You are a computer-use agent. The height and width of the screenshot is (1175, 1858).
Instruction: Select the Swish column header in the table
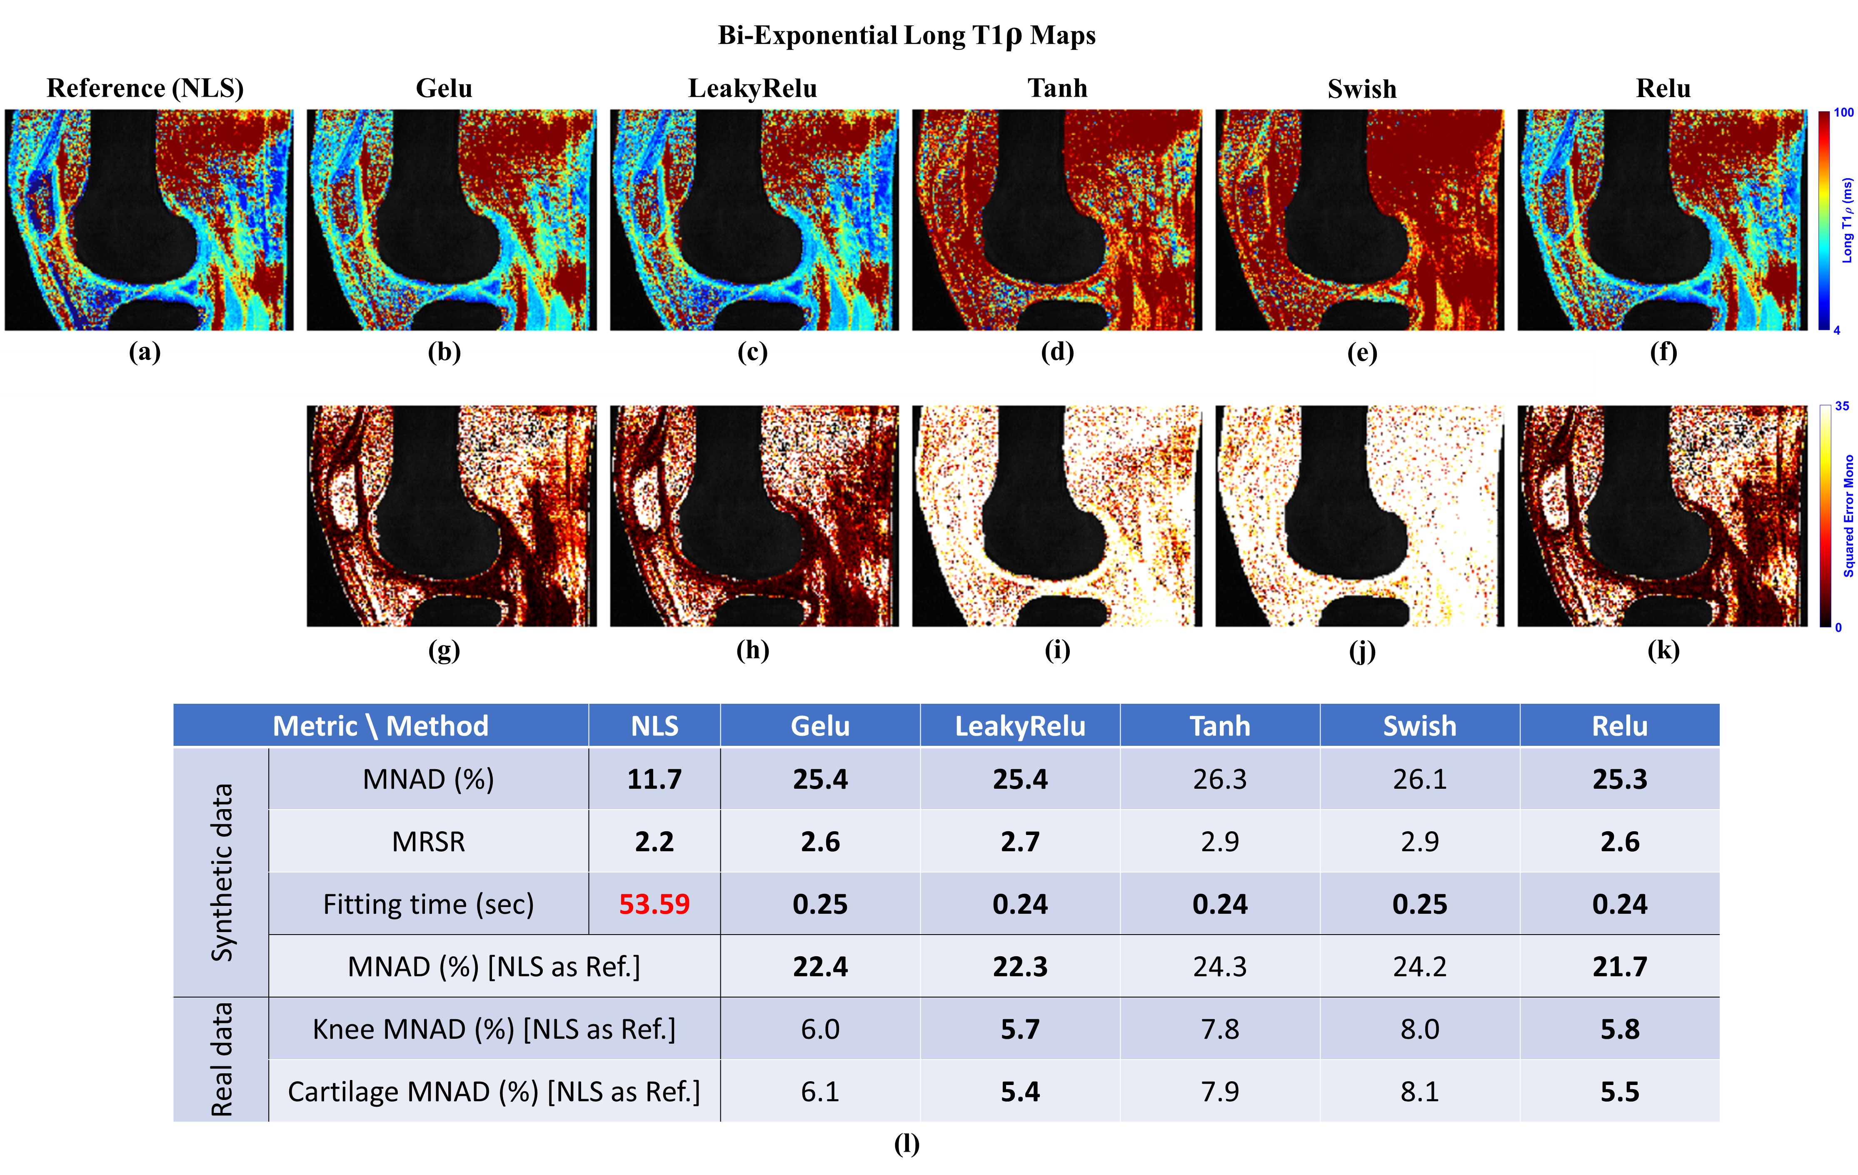(1420, 726)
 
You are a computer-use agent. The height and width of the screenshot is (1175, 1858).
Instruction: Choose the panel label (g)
(445, 650)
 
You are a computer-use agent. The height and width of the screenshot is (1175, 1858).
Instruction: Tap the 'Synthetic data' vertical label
(222, 872)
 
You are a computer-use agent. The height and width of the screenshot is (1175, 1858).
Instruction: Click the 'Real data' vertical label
(222, 1059)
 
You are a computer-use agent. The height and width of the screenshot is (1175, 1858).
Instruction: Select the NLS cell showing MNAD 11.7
(654, 779)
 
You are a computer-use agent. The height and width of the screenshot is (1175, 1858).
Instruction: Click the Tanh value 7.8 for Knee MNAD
(1220, 1029)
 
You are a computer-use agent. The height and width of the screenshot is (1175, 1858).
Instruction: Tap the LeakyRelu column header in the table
(1020, 726)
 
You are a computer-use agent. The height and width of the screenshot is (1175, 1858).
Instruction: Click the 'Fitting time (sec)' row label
(428, 904)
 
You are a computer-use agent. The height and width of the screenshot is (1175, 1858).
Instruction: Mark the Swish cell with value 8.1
(1420, 1092)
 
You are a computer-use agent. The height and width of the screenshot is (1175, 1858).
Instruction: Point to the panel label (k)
(1663, 650)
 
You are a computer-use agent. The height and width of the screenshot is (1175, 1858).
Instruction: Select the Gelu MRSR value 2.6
(820, 842)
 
